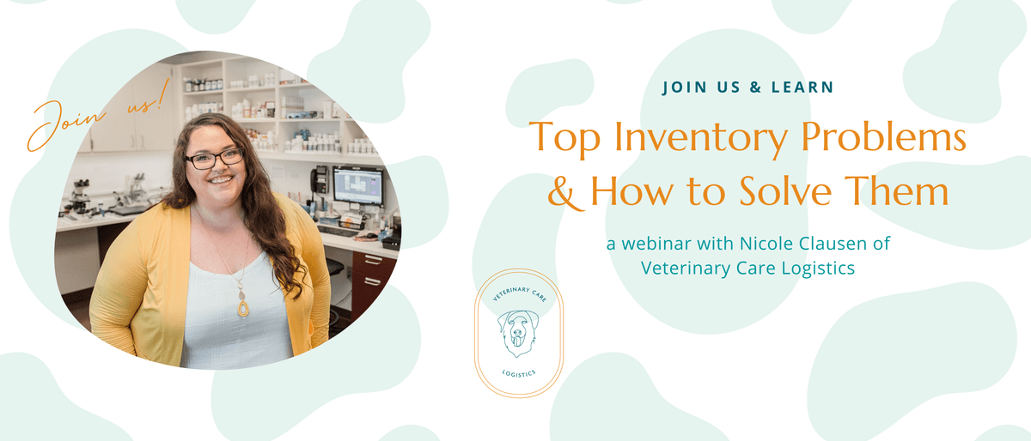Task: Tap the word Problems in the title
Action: (884, 136)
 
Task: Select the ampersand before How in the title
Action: (565, 193)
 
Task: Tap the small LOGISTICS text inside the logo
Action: (519, 373)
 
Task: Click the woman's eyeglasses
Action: (215, 158)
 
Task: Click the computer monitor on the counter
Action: (357, 187)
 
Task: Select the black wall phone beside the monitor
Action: (320, 180)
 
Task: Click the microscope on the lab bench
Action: (80, 196)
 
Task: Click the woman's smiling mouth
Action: (221, 180)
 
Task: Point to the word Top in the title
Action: (564, 137)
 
